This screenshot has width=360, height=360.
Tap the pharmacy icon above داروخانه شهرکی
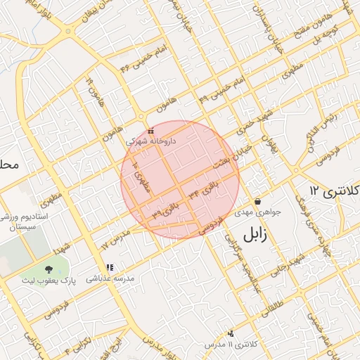(150, 131)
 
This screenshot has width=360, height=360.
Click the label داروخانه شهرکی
(151, 141)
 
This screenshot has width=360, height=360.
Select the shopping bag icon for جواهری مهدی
(258, 201)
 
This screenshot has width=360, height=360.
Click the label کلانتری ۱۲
(334, 191)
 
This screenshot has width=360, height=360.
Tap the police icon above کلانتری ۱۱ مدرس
(231, 333)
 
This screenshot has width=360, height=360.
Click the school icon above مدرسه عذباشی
(109, 267)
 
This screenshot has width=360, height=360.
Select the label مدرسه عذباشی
(109, 278)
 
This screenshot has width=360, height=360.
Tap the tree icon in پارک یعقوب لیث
(49, 269)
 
